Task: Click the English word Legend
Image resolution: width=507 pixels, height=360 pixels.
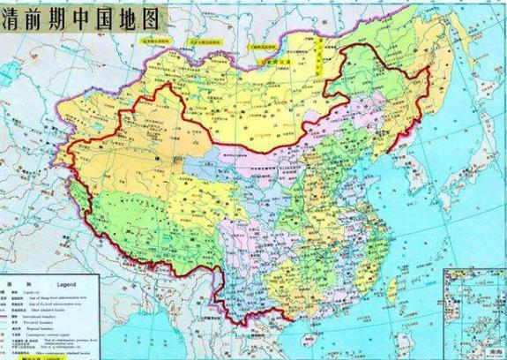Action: coord(70,285)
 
